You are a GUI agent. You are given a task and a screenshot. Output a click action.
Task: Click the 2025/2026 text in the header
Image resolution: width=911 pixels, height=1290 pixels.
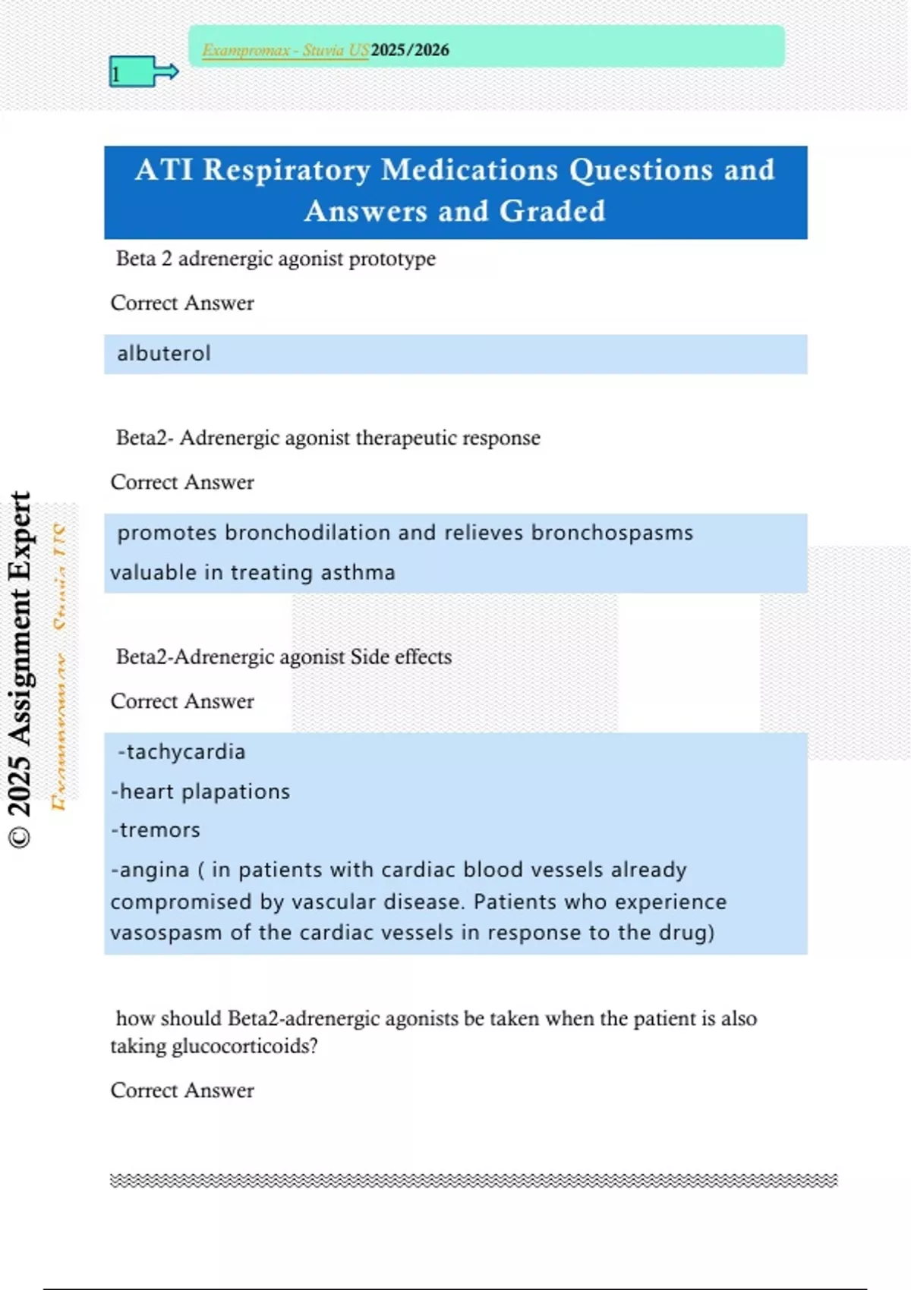(x=410, y=50)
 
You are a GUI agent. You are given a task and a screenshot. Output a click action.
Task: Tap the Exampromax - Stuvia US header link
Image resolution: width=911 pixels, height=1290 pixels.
(x=285, y=50)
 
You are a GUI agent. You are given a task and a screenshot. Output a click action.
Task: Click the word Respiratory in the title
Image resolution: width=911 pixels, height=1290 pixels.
(x=286, y=170)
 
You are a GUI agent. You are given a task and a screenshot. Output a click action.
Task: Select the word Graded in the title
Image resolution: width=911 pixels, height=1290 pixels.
(x=552, y=211)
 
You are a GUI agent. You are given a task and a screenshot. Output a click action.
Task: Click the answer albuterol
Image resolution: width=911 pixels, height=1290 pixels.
(x=164, y=354)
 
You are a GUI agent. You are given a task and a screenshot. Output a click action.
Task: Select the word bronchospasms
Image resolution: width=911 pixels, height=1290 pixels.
(x=612, y=533)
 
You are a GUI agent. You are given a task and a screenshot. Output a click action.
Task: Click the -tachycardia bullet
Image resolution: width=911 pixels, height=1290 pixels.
(x=181, y=752)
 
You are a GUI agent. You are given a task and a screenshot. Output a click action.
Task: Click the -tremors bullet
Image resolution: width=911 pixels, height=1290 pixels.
(x=156, y=830)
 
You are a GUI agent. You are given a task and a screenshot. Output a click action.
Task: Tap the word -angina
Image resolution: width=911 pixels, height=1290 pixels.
(x=150, y=870)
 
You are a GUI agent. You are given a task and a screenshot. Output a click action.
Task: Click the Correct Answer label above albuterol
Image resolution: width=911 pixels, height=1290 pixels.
(x=182, y=303)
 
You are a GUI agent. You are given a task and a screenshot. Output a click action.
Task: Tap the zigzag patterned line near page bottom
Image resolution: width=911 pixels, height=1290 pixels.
(x=474, y=1180)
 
